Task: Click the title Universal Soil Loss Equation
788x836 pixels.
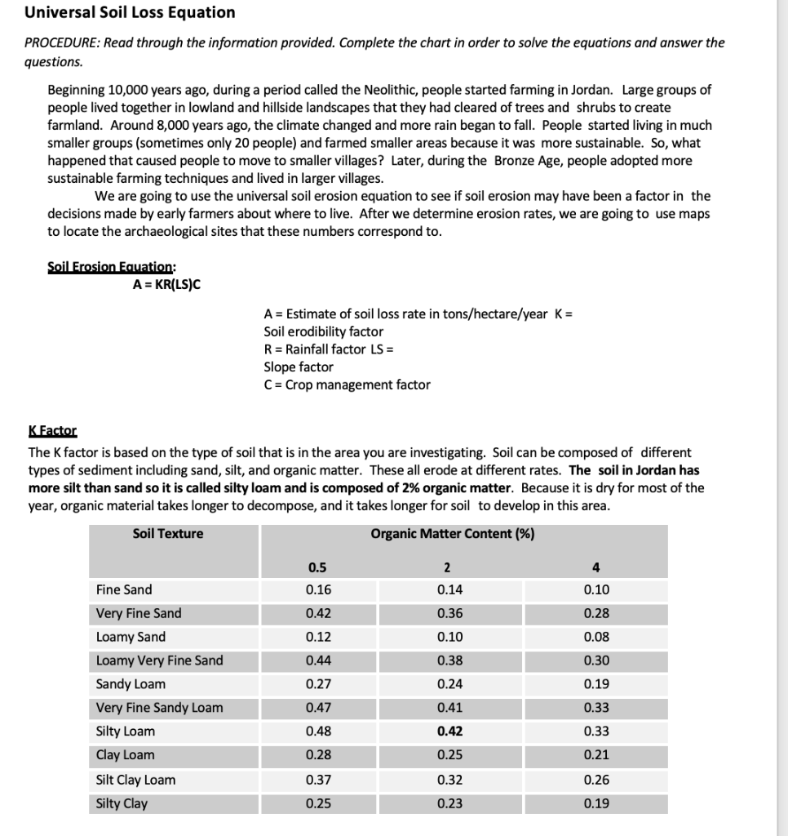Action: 130,12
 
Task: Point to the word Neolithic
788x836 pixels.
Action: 340,90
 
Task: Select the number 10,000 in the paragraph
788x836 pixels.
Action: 131,90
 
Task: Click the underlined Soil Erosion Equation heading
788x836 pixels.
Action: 111,267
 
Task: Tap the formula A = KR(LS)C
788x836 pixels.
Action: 166,285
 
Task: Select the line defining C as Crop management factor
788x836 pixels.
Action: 347,385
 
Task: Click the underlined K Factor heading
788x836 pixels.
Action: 52,430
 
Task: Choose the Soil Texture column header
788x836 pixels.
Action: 168,534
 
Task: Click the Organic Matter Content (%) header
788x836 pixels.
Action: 452,534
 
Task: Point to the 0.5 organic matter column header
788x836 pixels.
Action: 317,567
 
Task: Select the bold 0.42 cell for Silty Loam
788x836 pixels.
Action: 449,731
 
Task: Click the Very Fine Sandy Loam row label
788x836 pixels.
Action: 159,708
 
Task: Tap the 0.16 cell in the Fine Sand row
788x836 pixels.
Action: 318,589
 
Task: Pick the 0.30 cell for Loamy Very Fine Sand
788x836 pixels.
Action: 596,660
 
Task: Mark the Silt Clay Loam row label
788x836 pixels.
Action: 135,780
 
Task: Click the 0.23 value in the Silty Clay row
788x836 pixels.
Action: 449,803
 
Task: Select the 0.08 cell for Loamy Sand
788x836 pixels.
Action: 596,637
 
